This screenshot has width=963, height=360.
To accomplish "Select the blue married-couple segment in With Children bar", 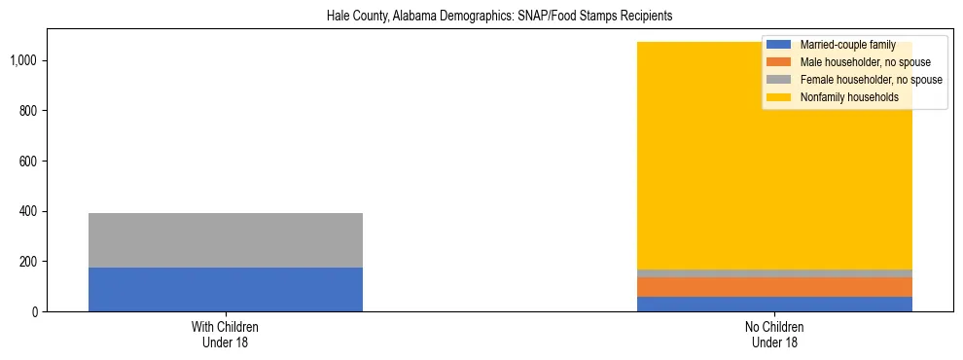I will tap(226, 289).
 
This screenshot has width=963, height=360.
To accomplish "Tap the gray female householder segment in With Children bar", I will tap(226, 240).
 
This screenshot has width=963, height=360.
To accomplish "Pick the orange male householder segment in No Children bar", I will tap(775, 287).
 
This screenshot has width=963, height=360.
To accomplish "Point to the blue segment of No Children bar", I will tap(775, 304).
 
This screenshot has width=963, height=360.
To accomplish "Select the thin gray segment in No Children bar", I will tap(775, 273).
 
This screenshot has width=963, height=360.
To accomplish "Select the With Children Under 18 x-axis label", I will tap(226, 335).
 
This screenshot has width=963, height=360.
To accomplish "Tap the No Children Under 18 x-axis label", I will tap(775, 335).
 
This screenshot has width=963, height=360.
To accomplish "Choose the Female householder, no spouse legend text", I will tap(871, 80).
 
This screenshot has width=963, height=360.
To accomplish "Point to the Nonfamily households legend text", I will tap(849, 97).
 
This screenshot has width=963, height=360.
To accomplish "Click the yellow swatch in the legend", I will tap(779, 97).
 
